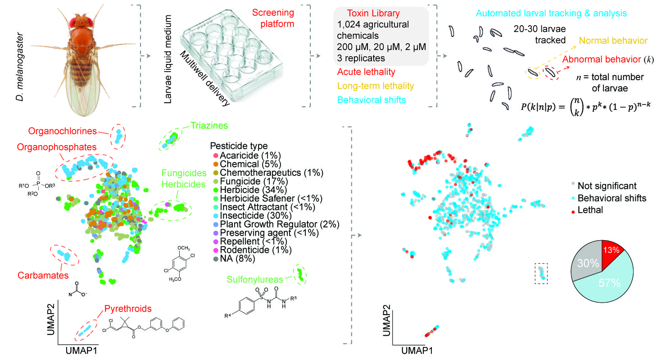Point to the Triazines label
click(x=208, y=125)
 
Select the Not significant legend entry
click(x=607, y=185)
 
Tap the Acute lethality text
click(x=366, y=72)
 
